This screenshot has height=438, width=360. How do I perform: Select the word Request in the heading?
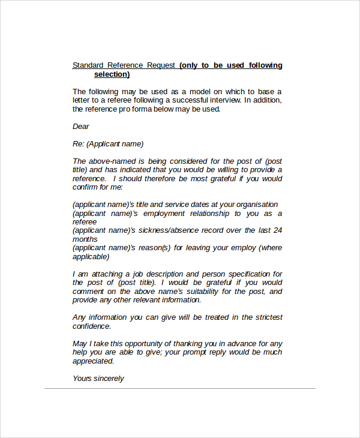(x=161, y=65)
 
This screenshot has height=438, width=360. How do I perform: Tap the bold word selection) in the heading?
(x=112, y=74)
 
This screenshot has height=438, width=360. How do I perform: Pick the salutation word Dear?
(x=81, y=127)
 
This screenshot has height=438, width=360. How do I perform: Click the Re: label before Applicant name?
(x=79, y=144)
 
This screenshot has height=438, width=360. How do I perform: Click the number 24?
(x=277, y=230)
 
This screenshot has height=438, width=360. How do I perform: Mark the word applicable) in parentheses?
(x=91, y=257)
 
